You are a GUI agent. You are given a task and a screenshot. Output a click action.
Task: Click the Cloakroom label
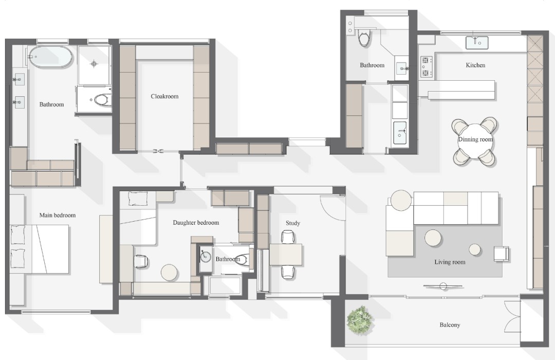click(164, 96)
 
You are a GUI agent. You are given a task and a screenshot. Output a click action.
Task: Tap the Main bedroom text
click(58, 215)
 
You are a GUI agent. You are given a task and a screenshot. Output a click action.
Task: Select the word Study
click(293, 223)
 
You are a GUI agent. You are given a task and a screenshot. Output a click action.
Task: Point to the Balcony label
click(450, 325)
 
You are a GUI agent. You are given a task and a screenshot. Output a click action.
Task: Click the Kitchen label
click(475, 65)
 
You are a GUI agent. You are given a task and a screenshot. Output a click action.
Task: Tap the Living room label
click(450, 262)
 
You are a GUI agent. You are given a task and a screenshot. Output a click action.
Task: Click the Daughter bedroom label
click(196, 223)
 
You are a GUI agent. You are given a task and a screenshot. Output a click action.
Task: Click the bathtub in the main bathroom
click(50, 57)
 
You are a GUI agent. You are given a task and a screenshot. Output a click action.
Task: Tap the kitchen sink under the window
click(477, 43)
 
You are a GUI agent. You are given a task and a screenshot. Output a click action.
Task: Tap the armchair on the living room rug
click(501, 254)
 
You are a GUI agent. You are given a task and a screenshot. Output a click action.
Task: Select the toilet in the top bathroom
click(364, 38)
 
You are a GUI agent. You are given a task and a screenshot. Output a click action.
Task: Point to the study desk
click(286, 255)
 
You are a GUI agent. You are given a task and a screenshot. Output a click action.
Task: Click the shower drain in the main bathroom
click(94, 64)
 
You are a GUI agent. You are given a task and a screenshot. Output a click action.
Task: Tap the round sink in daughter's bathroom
click(206, 257)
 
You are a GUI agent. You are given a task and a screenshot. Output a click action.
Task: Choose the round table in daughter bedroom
click(170, 273)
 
